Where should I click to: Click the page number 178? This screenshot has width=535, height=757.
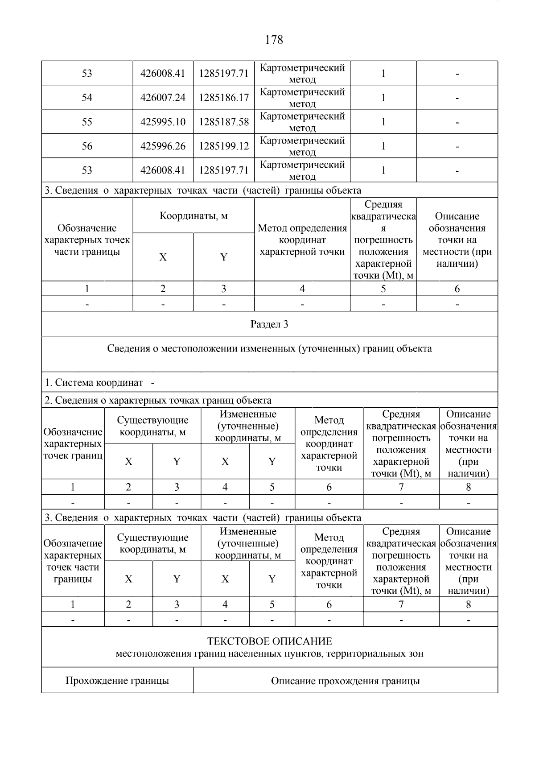pyautogui.click(x=274, y=40)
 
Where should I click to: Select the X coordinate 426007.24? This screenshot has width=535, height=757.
pyautogui.click(x=163, y=98)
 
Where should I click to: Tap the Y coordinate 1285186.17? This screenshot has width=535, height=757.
pyautogui.click(x=223, y=98)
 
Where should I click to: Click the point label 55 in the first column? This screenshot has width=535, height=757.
pyautogui.click(x=87, y=122)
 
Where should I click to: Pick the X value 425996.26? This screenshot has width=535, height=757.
pyautogui.click(x=163, y=146)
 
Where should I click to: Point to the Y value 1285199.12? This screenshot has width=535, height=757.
pyautogui.click(x=223, y=146)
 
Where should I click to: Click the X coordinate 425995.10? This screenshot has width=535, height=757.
pyautogui.click(x=163, y=122)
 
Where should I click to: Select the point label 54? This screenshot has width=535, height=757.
pyautogui.click(x=87, y=98)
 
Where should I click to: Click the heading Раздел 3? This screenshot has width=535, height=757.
pyautogui.click(x=269, y=324)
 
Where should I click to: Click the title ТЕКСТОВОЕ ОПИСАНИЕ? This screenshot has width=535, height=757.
pyautogui.click(x=269, y=641)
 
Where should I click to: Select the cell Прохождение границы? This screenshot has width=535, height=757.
pyautogui.click(x=117, y=681)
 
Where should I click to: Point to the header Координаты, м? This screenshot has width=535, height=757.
pyautogui.click(x=193, y=216)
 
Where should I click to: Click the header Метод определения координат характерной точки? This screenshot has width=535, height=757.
pyautogui.click(x=302, y=240)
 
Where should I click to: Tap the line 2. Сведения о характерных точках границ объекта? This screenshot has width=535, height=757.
pyautogui.click(x=158, y=400)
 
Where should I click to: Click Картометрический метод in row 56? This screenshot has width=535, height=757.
pyautogui.click(x=302, y=146)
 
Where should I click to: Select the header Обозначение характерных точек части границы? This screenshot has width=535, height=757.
pyautogui.click(x=87, y=240)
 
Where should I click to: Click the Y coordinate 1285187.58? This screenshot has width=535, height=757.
pyautogui.click(x=223, y=122)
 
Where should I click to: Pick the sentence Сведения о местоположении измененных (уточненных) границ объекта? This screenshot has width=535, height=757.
pyautogui.click(x=269, y=348)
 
